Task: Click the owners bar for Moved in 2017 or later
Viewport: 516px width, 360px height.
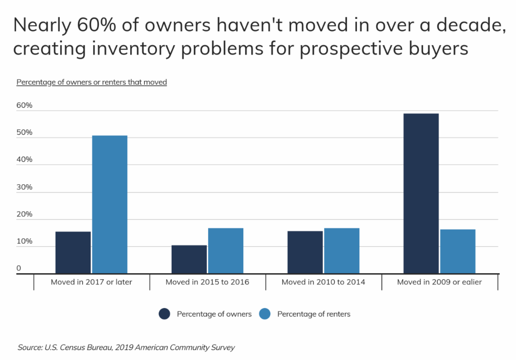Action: point(73,253)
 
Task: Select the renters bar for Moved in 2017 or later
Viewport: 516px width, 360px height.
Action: point(110,204)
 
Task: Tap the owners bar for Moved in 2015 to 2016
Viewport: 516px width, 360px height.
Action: point(189,259)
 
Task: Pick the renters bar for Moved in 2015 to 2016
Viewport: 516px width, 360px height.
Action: point(225,251)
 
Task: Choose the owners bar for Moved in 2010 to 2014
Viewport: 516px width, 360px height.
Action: point(305,252)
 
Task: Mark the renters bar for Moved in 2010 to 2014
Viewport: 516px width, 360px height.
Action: point(341,251)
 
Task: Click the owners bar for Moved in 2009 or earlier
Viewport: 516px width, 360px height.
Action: point(421,193)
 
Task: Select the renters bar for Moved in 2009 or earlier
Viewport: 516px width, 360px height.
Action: point(458,251)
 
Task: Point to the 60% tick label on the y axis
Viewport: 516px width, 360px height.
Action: point(25,105)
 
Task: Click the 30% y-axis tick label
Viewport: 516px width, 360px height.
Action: point(25,187)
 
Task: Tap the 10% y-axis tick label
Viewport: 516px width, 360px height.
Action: point(25,241)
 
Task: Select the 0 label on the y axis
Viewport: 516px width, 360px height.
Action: point(19,268)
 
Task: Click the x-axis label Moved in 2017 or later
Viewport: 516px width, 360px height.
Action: point(92,282)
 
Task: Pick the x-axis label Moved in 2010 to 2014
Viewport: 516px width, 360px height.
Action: point(323,282)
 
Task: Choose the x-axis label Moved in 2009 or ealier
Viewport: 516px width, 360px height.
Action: point(439,282)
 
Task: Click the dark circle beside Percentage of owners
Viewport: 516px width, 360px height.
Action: point(165,314)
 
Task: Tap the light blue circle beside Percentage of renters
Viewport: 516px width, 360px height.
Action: point(265,314)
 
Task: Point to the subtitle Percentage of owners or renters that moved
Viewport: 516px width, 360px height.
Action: point(92,82)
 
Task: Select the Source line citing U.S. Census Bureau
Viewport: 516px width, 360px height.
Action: point(126,347)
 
